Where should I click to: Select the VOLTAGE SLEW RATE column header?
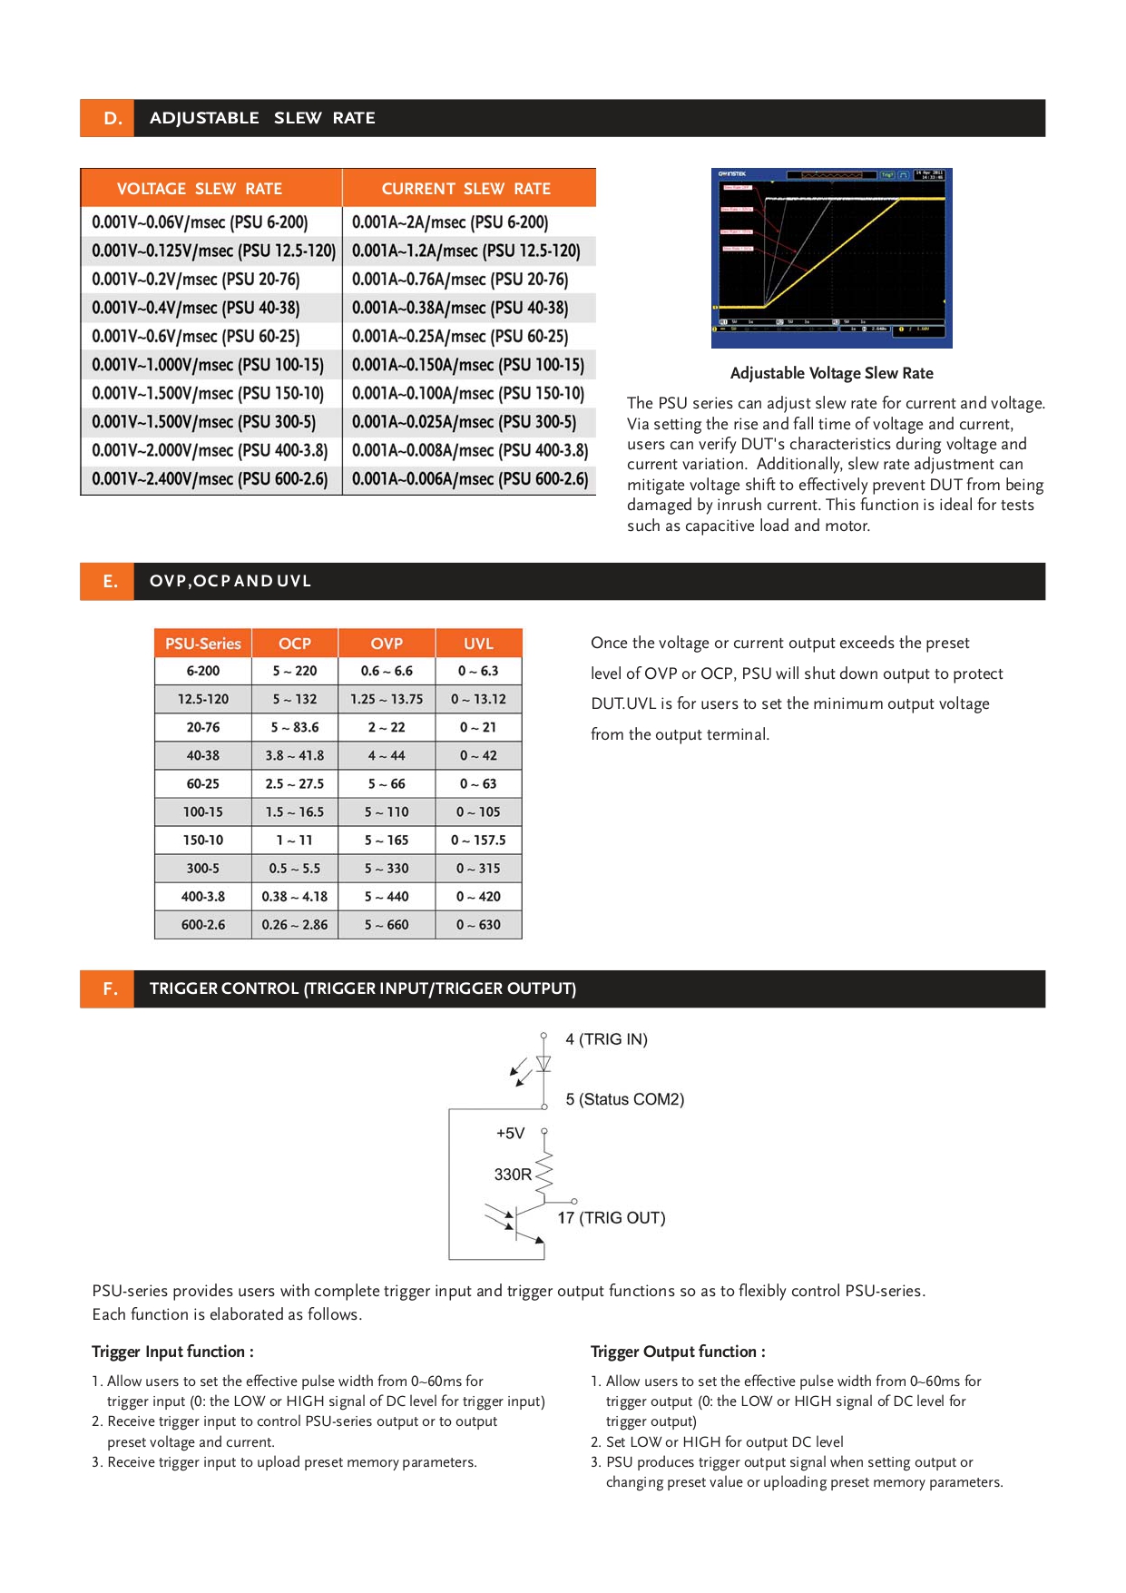tap(200, 189)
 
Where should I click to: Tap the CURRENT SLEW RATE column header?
tap(466, 189)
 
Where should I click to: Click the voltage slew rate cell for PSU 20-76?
tap(196, 280)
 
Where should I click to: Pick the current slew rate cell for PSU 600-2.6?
tap(470, 478)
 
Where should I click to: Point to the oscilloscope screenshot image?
tap(831, 258)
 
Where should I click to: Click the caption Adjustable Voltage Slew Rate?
tap(831, 373)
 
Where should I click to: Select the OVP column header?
tap(387, 644)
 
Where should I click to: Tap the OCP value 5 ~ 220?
tap(295, 671)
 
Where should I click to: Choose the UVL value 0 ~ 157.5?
tap(478, 841)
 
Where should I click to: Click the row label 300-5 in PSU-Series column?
tap(203, 869)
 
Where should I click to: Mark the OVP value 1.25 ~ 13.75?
tap(387, 699)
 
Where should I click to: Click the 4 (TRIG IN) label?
tap(606, 1039)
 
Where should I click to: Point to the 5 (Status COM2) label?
tap(625, 1099)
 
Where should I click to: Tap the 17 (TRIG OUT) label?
tap(612, 1218)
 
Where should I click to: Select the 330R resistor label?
tap(513, 1175)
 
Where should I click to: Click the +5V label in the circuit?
tap(510, 1134)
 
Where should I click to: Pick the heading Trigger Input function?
tap(172, 1352)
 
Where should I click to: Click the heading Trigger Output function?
tap(678, 1352)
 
